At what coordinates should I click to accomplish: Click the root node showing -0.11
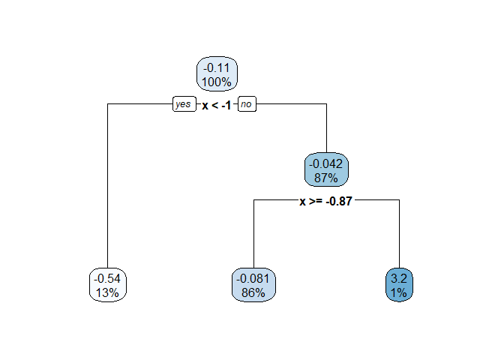(217, 74)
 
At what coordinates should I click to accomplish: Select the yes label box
(183, 105)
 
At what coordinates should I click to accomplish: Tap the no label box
(247, 105)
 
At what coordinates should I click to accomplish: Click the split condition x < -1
(216, 106)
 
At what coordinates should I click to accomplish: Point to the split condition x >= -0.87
(326, 201)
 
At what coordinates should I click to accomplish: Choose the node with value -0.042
(327, 170)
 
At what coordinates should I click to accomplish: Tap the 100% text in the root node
(217, 81)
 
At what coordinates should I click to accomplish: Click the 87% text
(327, 177)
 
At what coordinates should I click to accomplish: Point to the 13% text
(108, 292)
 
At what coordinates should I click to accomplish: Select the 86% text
(254, 292)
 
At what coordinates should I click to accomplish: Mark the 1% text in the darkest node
(399, 292)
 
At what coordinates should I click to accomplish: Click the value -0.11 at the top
(217, 67)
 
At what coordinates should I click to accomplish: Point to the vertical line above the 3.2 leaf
(399, 232)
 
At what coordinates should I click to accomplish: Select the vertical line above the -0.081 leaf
(254, 232)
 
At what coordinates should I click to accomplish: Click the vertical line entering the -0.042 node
(327, 127)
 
